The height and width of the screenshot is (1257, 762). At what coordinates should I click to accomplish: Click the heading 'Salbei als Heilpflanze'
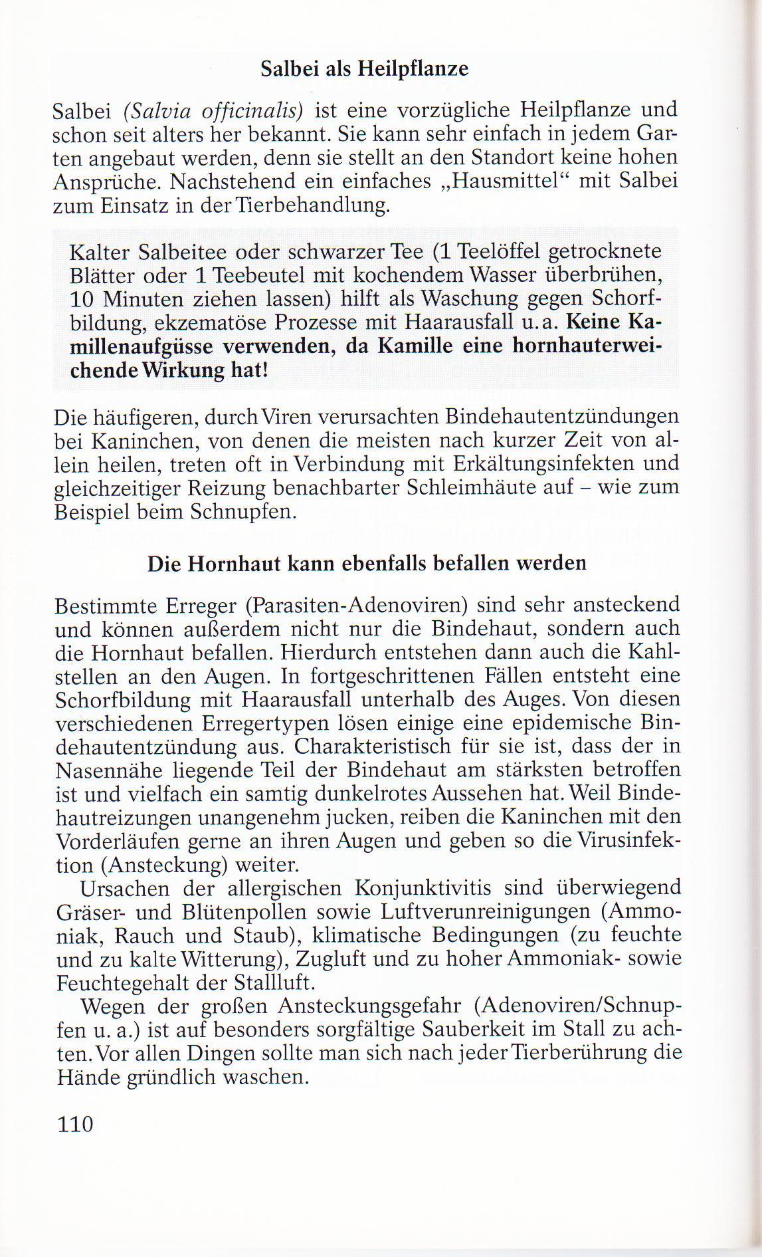tap(364, 68)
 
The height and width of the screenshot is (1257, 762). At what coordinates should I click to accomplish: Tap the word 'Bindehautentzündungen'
tap(562, 417)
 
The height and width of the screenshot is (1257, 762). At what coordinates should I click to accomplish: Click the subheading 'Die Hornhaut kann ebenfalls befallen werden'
tap(367, 564)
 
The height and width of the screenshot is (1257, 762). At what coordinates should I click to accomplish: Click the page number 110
tap(75, 1124)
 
